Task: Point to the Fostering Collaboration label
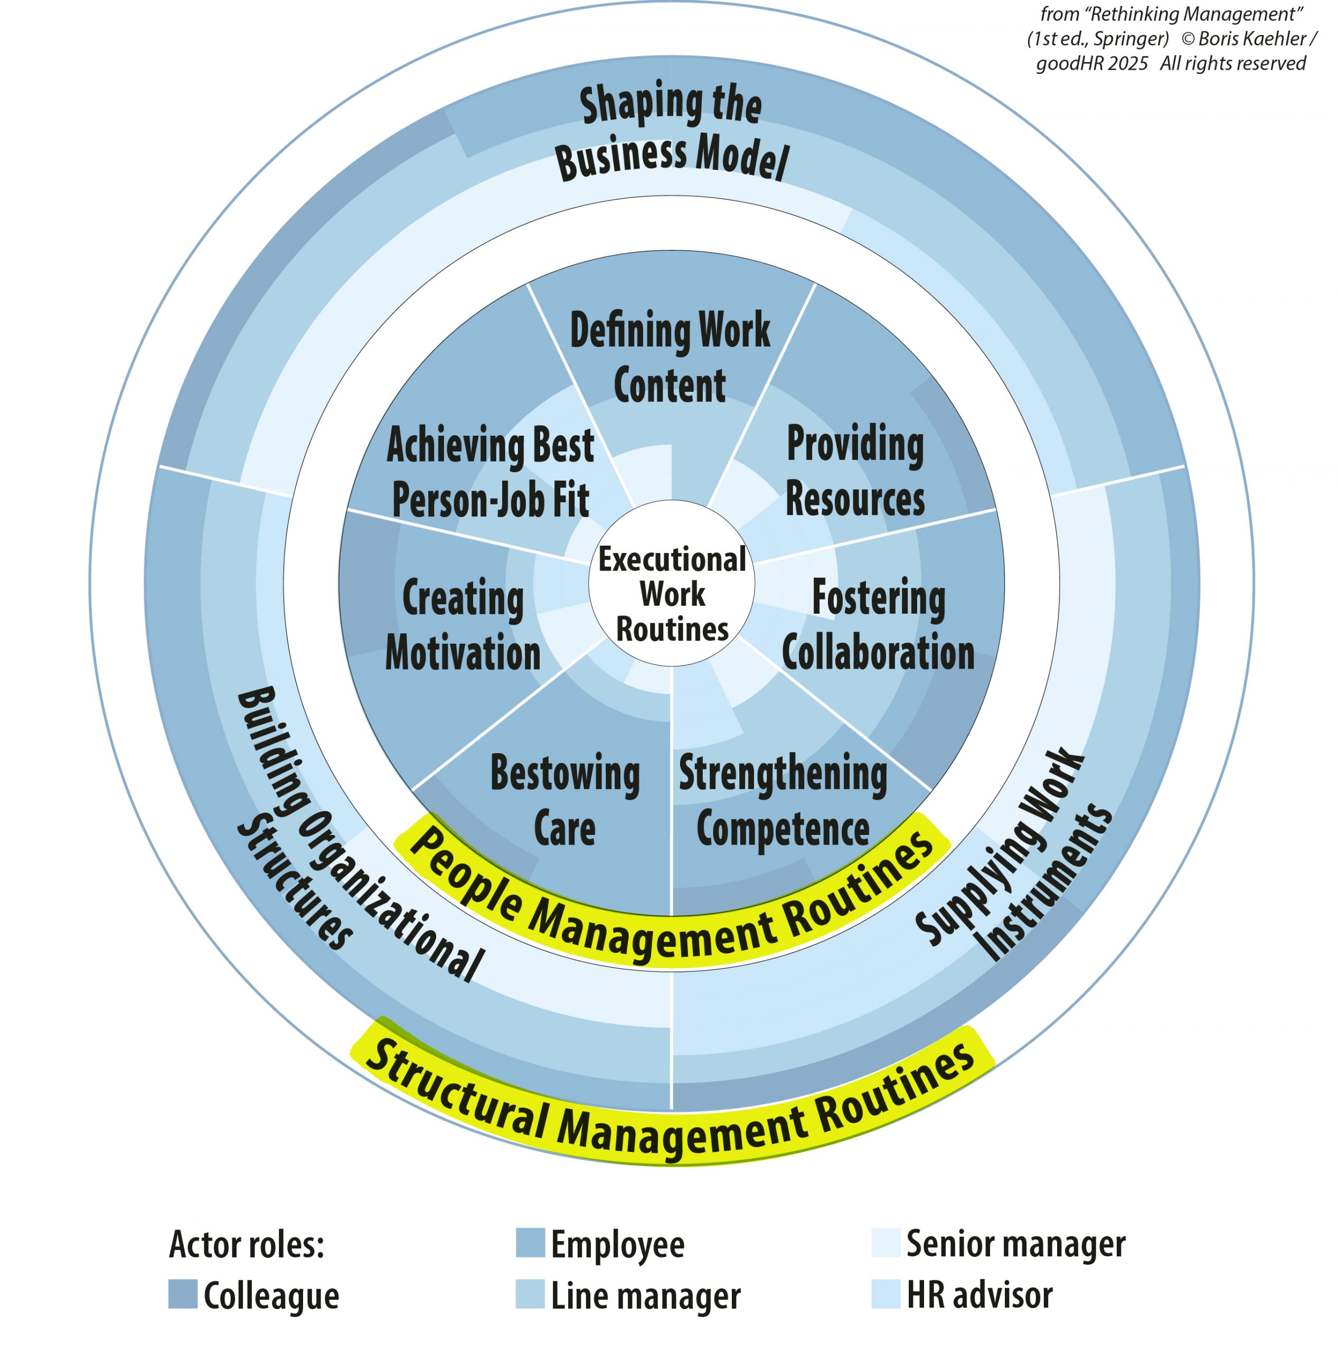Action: click(878, 624)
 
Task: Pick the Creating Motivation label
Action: click(463, 624)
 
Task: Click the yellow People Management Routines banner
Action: click(672, 903)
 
